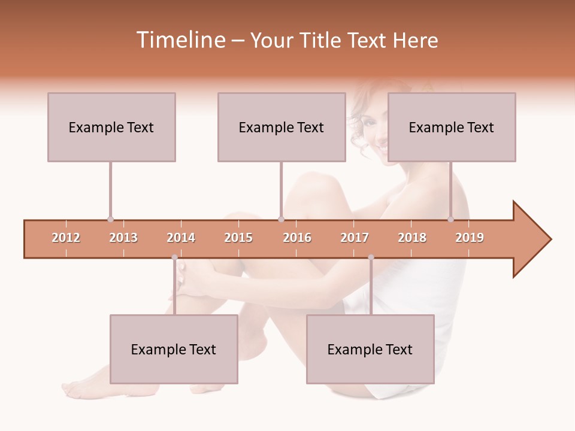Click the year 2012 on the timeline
tap(66, 238)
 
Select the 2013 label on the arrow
tap(123, 238)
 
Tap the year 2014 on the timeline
tap(181, 238)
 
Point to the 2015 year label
tap(238, 238)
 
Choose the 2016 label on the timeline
tap(297, 238)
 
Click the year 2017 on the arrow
tap(355, 238)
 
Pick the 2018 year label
tap(412, 238)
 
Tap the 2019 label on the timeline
tap(470, 238)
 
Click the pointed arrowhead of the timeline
tap(533, 239)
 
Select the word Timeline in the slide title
tap(180, 40)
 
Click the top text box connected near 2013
tap(111, 127)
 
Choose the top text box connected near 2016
tap(282, 127)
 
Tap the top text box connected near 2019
tap(452, 127)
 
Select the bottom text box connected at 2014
tap(174, 349)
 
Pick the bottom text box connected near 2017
tap(370, 349)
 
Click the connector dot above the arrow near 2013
tap(110, 219)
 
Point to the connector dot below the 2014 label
tap(174, 257)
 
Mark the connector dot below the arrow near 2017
tap(371, 257)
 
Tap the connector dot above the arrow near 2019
tap(450, 219)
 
